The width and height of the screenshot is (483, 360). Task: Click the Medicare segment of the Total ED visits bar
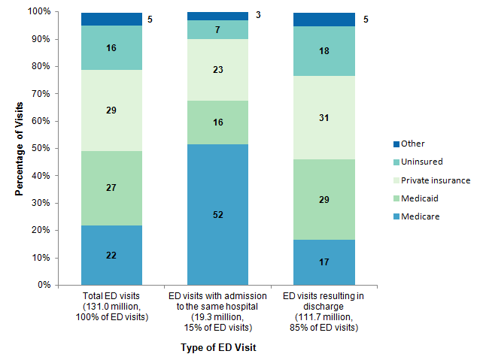(x=111, y=255)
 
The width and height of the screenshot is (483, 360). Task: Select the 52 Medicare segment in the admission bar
(x=217, y=214)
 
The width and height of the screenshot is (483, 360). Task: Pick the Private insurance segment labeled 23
(x=217, y=70)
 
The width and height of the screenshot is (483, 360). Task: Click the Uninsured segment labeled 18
(x=324, y=51)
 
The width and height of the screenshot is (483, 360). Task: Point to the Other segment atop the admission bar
(x=217, y=16)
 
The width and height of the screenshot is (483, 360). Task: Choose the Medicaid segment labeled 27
(x=111, y=187)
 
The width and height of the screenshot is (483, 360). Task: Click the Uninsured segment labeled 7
(x=217, y=29)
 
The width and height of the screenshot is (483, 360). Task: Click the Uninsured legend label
(x=421, y=162)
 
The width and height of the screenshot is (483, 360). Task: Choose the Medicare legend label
(x=419, y=216)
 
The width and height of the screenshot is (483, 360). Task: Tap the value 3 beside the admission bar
(x=258, y=14)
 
